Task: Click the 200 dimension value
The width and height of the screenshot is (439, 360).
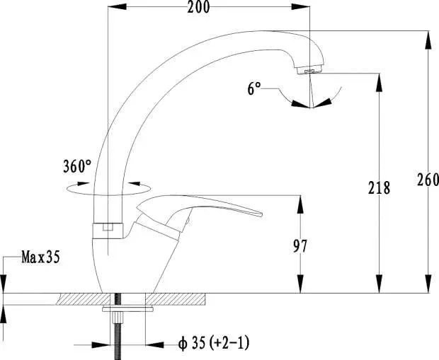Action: (198, 7)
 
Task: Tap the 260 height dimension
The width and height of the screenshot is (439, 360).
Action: (428, 180)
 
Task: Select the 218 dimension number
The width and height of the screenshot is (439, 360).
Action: (379, 187)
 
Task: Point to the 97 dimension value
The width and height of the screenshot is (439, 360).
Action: (300, 246)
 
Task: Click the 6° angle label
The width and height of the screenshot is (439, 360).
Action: (254, 88)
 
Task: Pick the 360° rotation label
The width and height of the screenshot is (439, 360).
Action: (77, 166)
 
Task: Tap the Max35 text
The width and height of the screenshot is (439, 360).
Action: (40, 257)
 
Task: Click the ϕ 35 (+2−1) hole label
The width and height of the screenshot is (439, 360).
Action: (214, 343)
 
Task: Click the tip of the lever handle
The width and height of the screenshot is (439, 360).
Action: (261, 214)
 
